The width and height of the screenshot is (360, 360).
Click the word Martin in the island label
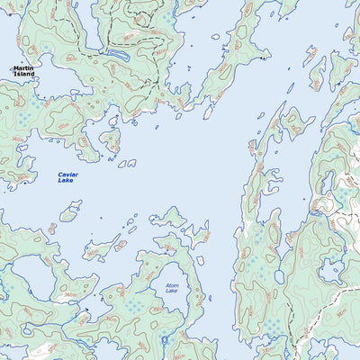tap(24, 68)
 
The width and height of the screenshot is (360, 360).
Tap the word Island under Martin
tap(24, 75)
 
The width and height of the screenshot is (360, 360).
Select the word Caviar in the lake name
tap(67, 175)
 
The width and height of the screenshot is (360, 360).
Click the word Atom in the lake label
tap(172, 286)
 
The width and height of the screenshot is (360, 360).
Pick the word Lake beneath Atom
tap(172, 292)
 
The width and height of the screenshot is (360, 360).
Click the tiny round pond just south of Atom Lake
tap(164, 339)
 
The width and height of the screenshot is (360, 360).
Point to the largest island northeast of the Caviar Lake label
tap(111, 139)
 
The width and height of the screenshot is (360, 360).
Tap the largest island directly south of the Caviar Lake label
tap(69, 215)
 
